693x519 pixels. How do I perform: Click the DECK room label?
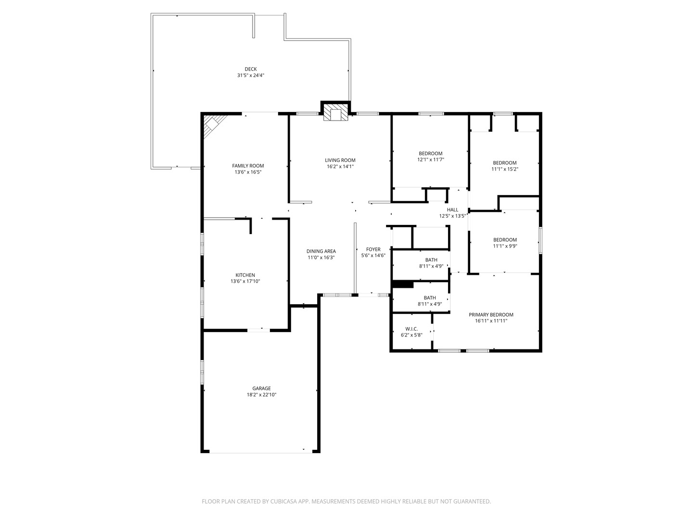250,69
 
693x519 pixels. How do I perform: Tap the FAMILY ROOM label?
248,166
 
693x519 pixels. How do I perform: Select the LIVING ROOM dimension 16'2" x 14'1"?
340,167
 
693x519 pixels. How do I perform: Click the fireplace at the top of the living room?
335,113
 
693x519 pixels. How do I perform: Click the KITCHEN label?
245,275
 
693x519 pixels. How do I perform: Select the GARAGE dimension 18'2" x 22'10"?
261,395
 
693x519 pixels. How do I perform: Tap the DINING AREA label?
321,251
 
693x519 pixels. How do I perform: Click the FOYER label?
373,249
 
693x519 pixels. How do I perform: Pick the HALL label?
452,210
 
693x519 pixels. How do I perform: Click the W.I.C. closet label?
411,329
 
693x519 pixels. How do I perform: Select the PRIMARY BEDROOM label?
491,315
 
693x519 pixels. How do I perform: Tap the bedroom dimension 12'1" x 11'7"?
430,160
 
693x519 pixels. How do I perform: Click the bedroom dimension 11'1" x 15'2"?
504,169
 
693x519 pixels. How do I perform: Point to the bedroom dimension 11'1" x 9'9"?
504,246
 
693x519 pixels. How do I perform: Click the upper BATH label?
431,260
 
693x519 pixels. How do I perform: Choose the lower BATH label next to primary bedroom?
430,298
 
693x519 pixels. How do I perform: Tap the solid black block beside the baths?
403,284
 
